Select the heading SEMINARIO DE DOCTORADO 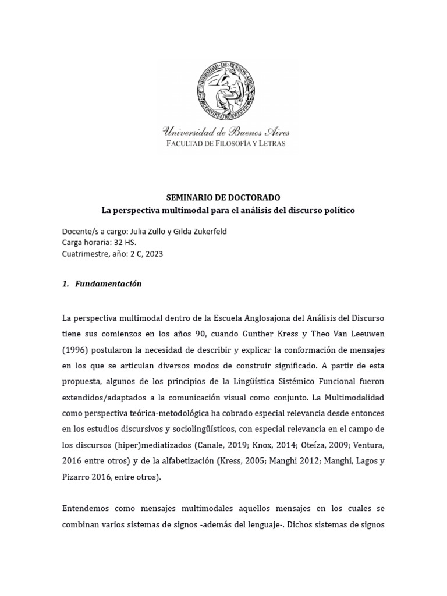click(x=224, y=198)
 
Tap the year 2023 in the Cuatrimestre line click(x=153, y=253)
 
